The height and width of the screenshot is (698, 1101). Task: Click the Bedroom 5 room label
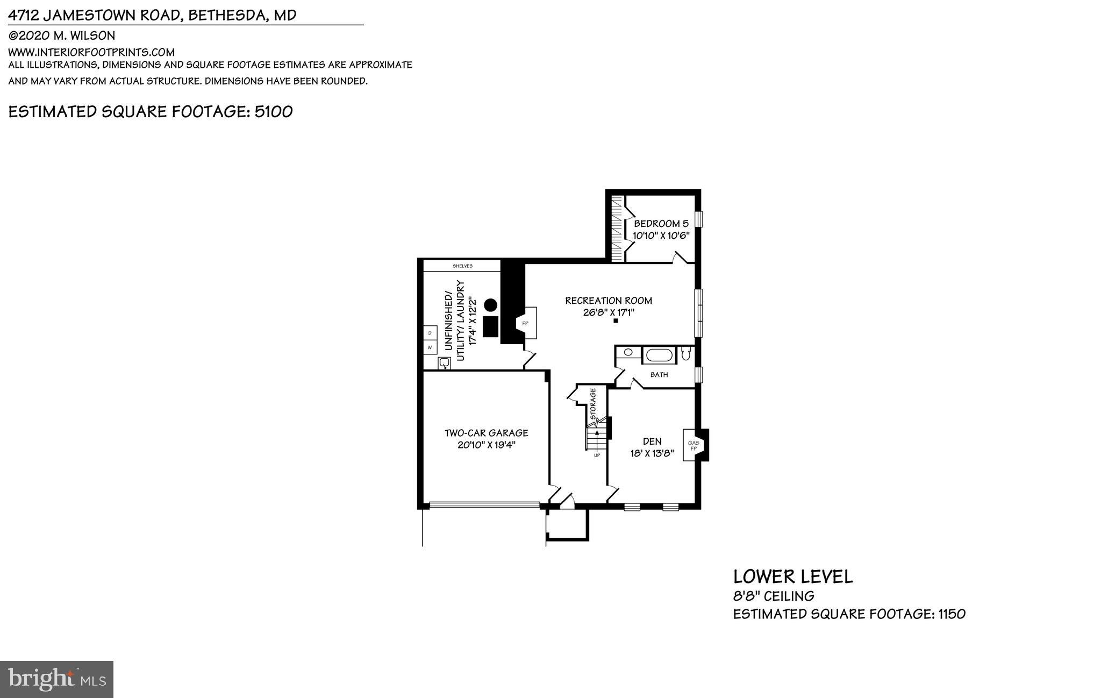coord(661,223)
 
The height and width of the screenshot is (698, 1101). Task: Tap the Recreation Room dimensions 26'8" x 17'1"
coord(609,312)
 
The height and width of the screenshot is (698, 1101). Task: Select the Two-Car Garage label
coord(486,433)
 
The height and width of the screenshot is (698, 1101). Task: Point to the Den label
coord(652,441)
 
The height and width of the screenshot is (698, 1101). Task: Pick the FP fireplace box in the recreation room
coord(525,323)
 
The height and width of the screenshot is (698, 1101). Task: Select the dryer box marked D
coord(430,333)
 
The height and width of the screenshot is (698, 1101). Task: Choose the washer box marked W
coord(430,348)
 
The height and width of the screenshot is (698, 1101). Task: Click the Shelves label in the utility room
coord(462,266)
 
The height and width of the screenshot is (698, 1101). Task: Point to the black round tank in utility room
coord(490,305)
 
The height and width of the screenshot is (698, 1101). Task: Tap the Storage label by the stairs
coord(594,403)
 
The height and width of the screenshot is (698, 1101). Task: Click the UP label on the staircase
coord(597,455)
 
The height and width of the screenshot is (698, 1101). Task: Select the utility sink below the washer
coord(445,364)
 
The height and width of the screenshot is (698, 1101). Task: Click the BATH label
coord(659,375)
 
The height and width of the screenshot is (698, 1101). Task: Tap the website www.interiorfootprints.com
coord(91,52)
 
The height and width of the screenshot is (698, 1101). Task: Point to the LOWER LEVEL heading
coord(793,577)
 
